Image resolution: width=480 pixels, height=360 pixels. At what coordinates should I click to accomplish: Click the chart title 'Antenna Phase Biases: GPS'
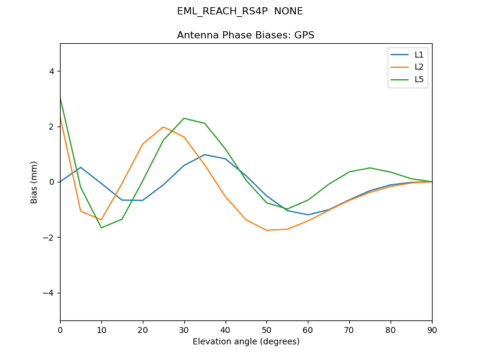245,35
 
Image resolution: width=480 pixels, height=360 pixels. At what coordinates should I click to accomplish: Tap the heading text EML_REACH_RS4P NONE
240,11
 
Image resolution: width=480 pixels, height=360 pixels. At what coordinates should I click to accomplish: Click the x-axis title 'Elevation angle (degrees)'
246,342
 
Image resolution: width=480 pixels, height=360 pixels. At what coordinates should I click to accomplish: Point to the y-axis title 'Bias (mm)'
34,182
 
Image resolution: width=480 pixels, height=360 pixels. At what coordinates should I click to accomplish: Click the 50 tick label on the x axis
266,329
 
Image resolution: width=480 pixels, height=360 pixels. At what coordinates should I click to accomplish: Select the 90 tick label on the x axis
432,329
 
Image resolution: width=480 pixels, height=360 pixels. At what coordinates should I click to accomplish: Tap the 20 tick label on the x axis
143,329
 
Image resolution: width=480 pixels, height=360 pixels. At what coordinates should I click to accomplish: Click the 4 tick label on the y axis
51,71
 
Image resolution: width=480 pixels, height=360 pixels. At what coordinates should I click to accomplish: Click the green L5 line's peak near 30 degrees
184,118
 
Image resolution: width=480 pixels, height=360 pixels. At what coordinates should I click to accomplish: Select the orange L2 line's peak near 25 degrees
163,127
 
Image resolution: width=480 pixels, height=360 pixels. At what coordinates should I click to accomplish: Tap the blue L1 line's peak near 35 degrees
205,155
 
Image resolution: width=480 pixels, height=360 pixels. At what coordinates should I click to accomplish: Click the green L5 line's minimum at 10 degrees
101,227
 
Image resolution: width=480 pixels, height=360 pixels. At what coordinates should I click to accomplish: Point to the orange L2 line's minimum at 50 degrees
266,230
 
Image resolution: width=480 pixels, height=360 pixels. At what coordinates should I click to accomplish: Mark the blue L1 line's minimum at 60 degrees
308,215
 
